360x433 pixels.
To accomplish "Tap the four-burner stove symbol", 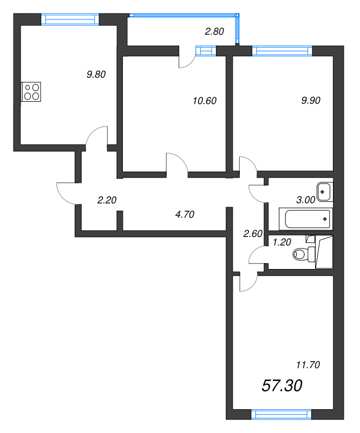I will [31, 91].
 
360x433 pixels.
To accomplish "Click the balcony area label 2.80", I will [214, 32].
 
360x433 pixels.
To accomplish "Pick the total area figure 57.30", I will [282, 385].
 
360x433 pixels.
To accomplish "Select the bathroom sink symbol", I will [325, 191].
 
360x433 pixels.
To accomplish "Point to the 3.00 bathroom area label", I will [306, 200].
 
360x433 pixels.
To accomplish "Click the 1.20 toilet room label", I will [282, 242].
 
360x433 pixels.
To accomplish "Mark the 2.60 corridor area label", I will [253, 234].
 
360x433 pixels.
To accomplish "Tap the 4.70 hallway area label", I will [185, 214].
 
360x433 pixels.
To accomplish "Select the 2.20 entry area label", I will [107, 200].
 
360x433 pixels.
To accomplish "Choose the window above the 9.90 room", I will [282, 51].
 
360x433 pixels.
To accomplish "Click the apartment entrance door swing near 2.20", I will [68, 192].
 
